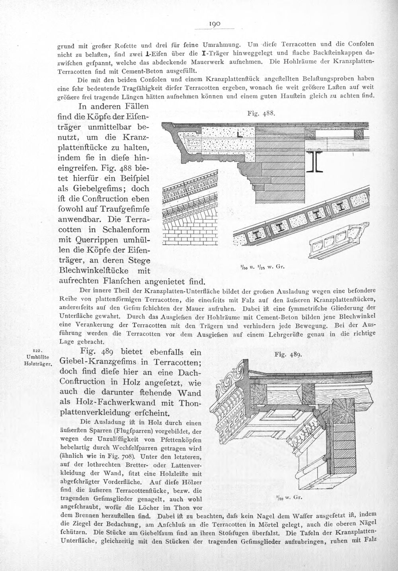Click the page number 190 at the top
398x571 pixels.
click(x=215, y=24)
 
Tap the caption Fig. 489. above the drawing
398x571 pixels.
click(x=289, y=354)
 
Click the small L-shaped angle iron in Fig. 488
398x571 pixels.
click(x=240, y=135)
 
